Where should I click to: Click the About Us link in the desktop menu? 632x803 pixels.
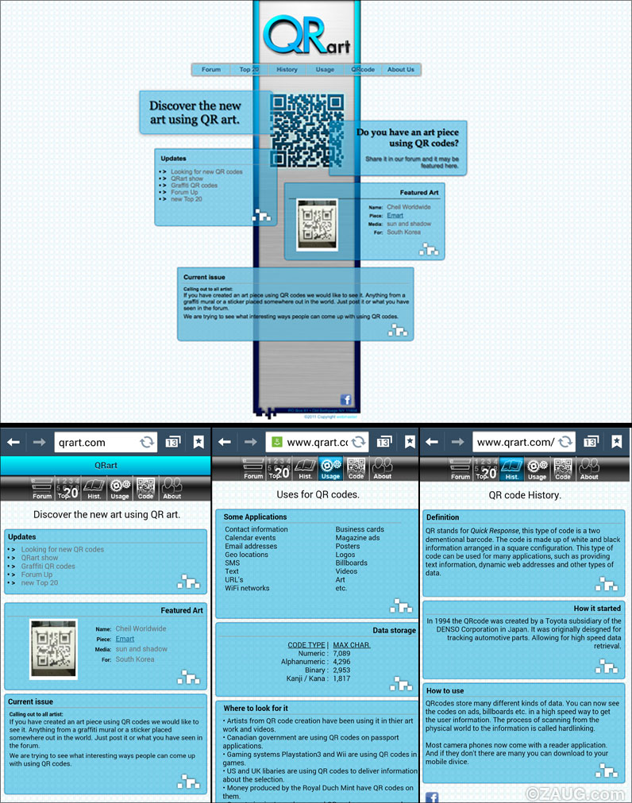click(401, 70)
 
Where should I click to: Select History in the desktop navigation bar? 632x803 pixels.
click(287, 70)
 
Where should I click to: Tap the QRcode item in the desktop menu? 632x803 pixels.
click(363, 70)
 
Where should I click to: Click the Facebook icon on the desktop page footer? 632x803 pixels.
click(346, 399)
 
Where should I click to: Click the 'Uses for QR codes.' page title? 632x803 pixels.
click(318, 494)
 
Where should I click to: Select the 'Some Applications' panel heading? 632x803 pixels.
click(256, 517)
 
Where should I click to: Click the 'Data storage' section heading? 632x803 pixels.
click(394, 630)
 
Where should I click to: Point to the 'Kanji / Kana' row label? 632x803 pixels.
click(306, 678)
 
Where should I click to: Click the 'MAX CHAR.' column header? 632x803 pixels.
click(352, 644)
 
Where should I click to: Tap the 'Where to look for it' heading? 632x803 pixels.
click(256, 708)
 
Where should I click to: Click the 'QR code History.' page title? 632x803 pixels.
click(524, 495)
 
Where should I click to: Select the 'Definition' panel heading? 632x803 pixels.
click(443, 517)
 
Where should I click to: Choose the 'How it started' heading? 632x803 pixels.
click(597, 609)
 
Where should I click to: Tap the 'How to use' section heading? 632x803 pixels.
click(445, 690)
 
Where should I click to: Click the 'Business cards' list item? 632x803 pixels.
click(360, 529)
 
